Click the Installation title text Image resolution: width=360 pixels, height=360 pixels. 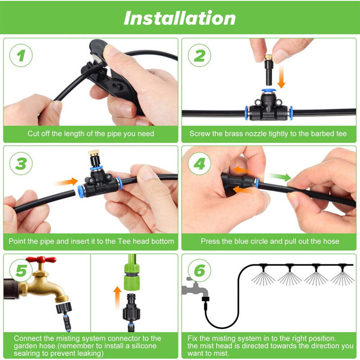coord(180,18)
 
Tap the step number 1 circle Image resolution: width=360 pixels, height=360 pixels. coord(21,55)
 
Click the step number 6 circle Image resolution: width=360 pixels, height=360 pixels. coord(199,270)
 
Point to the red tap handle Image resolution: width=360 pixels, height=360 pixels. coord(44,259)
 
